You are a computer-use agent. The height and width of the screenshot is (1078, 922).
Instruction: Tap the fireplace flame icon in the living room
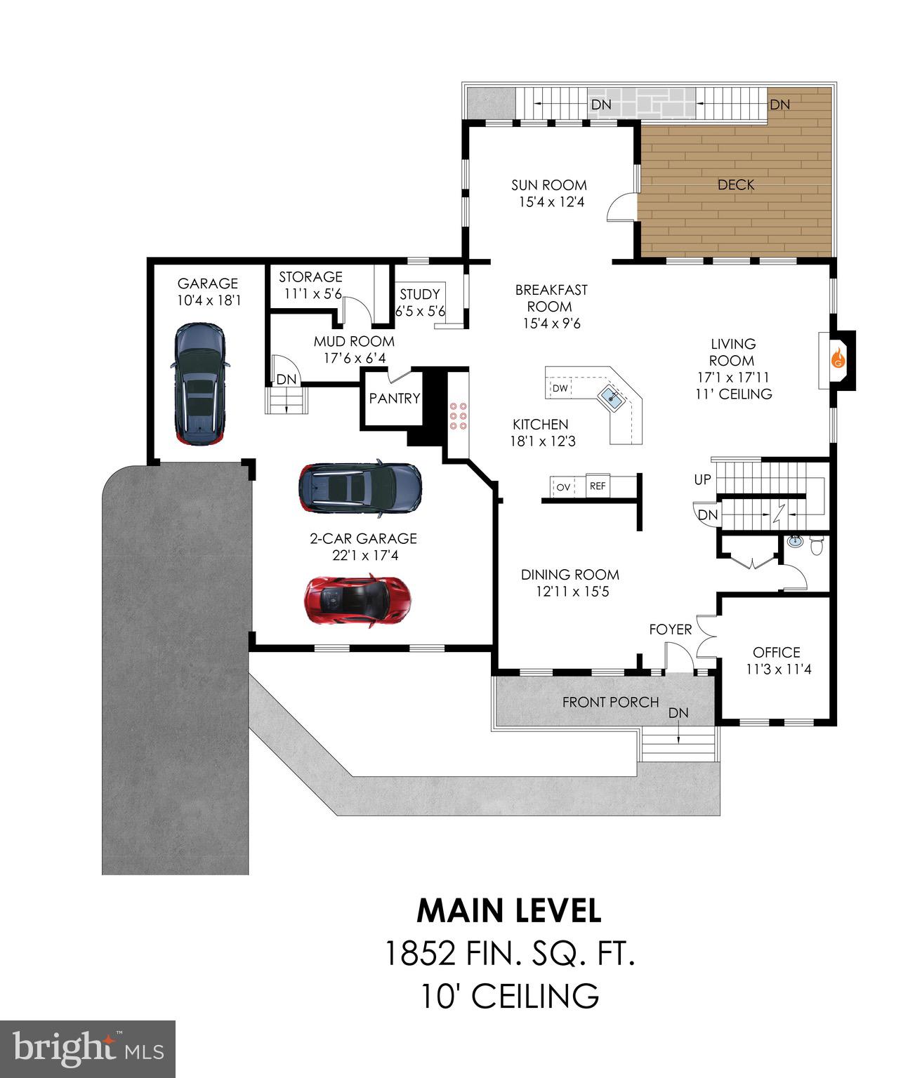(x=838, y=359)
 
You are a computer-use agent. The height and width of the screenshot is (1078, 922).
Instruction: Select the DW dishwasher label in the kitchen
(x=560, y=388)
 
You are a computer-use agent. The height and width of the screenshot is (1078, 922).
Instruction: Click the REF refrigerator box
(x=598, y=486)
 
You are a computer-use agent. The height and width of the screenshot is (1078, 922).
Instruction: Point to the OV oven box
(x=563, y=486)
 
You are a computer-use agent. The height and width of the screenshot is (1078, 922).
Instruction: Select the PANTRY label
(x=395, y=399)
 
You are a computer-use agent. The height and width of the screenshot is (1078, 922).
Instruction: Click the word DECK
(x=736, y=185)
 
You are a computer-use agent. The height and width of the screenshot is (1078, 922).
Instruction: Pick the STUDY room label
(x=420, y=294)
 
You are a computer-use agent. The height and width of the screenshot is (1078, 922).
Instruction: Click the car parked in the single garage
(x=200, y=384)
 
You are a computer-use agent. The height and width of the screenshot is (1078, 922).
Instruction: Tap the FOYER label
(x=670, y=630)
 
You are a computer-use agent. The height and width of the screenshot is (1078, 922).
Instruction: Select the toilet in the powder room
(x=816, y=545)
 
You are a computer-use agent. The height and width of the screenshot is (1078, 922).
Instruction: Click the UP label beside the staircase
(x=702, y=480)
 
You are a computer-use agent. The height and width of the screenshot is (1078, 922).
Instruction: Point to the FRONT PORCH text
(x=610, y=702)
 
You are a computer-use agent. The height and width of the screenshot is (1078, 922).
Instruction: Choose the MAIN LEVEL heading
(x=509, y=911)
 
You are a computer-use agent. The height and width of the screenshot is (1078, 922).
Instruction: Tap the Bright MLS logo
(x=87, y=1049)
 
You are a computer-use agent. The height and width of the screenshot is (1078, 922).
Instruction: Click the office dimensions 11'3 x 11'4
(x=778, y=670)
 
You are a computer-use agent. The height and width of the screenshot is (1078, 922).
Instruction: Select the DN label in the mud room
(x=287, y=380)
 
